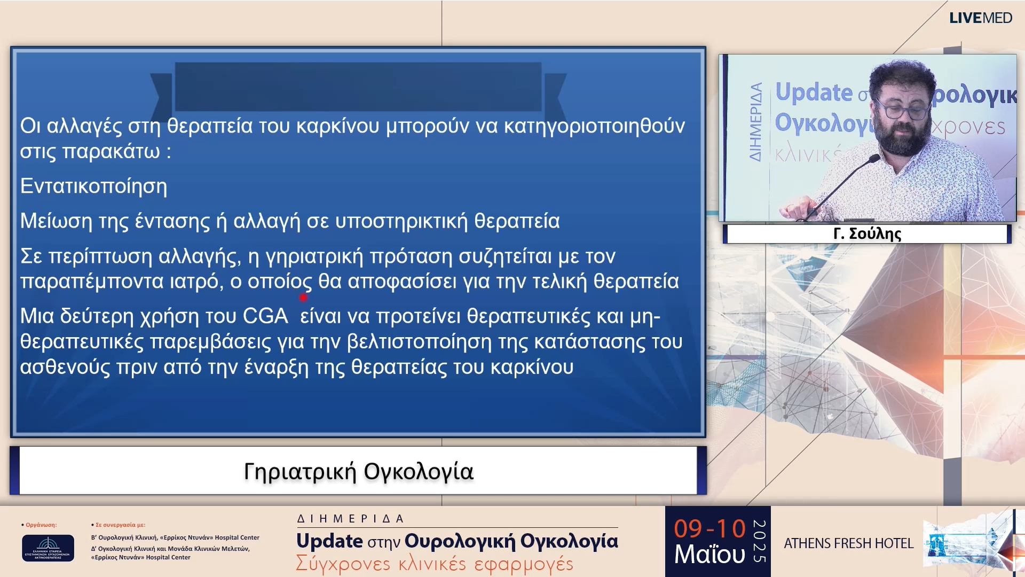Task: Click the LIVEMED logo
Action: [x=980, y=18]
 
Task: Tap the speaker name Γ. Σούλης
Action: [x=867, y=234]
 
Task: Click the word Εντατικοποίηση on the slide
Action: [x=93, y=186]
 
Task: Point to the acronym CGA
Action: [x=265, y=316]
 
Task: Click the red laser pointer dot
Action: [x=303, y=298]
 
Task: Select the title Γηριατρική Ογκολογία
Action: [x=358, y=472]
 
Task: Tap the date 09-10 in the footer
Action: [x=709, y=529]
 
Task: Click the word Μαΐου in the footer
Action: [x=709, y=555]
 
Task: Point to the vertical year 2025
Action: [x=759, y=541]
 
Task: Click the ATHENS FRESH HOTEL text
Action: [x=848, y=543]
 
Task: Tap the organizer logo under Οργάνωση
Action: [x=48, y=548]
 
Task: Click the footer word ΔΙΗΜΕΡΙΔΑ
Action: [x=350, y=519]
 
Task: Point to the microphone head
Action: [x=873, y=158]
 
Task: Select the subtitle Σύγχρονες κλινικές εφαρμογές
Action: [x=434, y=564]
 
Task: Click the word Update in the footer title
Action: [x=329, y=541]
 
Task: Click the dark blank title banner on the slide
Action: [x=358, y=87]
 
